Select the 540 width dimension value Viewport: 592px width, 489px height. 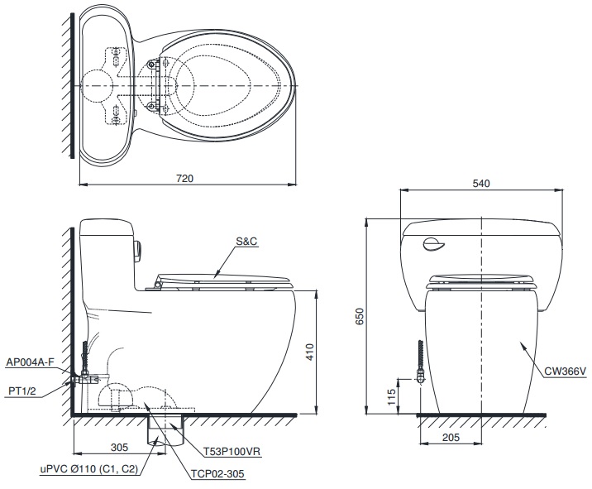tap(480, 183)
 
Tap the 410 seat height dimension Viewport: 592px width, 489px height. tap(309, 353)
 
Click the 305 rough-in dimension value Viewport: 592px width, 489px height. tap(119, 447)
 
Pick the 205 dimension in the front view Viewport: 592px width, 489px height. tap(451, 438)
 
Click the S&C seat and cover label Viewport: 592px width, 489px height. tap(246, 242)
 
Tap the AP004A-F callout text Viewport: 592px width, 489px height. tap(31, 362)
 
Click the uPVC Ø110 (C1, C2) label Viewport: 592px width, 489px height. tap(88, 469)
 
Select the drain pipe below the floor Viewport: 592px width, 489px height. tap(156, 429)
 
